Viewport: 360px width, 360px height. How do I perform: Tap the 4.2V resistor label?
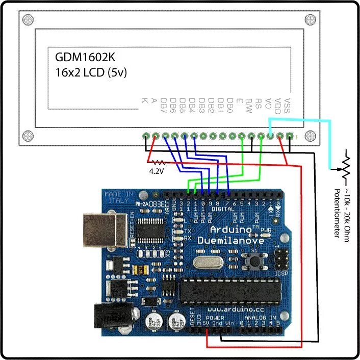[x=156, y=172]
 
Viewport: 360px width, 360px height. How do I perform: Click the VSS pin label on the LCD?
[x=288, y=108]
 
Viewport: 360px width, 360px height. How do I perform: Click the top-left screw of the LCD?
[x=26, y=19]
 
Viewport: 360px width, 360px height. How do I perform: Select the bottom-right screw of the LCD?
[x=310, y=136]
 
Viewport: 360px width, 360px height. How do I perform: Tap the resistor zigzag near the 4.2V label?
[x=157, y=163]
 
